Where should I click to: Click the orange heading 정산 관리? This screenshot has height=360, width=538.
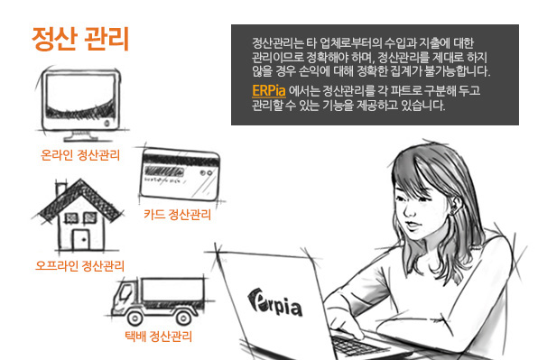[80, 39]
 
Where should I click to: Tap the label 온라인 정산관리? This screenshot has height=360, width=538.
[80, 155]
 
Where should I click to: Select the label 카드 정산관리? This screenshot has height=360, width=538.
[177, 215]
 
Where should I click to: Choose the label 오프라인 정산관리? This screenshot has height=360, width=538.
[80, 265]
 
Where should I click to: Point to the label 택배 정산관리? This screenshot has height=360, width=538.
[159, 336]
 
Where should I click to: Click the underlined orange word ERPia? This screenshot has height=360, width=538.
[269, 91]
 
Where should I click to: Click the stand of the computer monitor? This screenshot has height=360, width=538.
[80, 135]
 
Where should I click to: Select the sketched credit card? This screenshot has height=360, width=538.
[179, 175]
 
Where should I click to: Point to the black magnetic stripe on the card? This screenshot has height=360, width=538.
[181, 160]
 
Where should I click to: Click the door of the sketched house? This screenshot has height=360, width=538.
[81, 239]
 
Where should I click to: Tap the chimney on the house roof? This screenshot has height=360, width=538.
[61, 189]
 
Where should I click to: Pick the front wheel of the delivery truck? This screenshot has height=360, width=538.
[135, 318]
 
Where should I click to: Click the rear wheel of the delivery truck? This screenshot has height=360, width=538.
[183, 318]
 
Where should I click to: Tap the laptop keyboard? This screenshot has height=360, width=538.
[357, 344]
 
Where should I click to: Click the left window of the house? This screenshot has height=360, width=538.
[71, 217]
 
